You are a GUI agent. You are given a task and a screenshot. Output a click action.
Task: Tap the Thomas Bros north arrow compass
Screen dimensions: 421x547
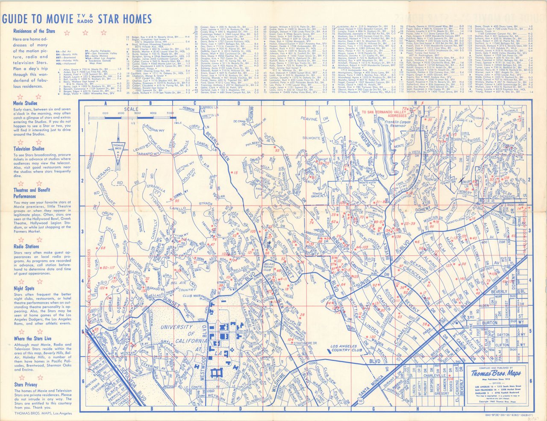pyautogui.click(x=118, y=147)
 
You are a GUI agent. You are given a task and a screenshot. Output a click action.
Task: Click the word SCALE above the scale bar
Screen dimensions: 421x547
pyautogui.click(x=131, y=109)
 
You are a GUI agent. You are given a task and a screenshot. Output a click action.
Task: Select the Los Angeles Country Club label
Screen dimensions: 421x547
pyautogui.click(x=346, y=347)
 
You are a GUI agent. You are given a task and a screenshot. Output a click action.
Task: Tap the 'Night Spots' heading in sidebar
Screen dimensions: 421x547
pyautogui.click(x=24, y=289)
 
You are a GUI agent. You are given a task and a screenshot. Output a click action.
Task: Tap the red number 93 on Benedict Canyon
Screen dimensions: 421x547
pyautogui.click(x=277, y=150)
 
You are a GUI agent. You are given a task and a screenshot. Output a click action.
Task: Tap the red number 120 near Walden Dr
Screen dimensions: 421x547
pyautogui.click(x=372, y=337)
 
